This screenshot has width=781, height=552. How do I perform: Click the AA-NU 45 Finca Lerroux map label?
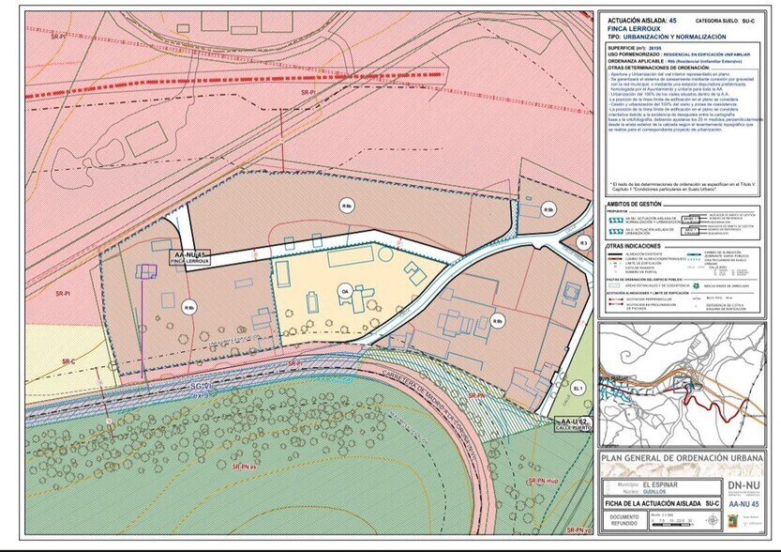point(189,258)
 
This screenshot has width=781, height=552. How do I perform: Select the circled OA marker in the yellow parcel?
point(345,290)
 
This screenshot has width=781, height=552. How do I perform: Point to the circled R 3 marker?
point(582,243)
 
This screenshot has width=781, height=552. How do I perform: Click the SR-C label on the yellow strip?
point(68,361)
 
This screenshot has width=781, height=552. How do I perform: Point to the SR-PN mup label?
point(544,481)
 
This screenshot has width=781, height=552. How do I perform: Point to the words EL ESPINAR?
point(659,483)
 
